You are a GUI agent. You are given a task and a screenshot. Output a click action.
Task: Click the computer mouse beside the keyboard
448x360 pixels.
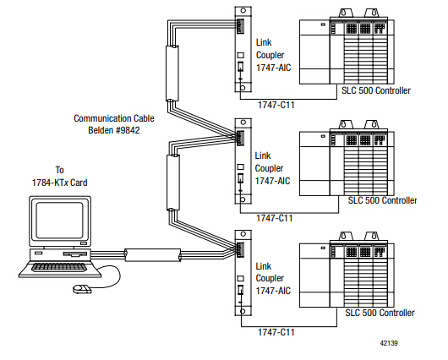(82, 289)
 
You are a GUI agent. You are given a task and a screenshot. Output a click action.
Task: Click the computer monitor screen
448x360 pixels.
(60, 220)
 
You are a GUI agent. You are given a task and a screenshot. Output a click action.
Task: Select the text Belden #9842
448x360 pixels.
(114, 130)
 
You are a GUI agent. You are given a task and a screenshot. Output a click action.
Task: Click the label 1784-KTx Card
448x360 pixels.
(59, 183)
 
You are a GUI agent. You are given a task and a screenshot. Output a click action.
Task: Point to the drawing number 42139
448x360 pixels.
(389, 343)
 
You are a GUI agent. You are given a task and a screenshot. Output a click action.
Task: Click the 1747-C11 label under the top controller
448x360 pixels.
(276, 105)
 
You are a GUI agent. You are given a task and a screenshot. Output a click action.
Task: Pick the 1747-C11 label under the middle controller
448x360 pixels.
(274, 218)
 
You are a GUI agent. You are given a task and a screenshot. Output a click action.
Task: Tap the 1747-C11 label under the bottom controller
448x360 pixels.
(276, 332)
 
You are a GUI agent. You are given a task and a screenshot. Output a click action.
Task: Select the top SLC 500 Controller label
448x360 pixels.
(376, 90)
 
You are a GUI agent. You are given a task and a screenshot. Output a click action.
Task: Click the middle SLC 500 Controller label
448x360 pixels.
(382, 200)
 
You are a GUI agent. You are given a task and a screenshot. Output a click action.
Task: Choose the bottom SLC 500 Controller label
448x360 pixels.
(380, 313)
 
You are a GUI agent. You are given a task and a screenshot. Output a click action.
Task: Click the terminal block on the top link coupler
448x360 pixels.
(240, 26)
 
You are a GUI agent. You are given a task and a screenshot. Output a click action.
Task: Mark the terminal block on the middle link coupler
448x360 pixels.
(240, 138)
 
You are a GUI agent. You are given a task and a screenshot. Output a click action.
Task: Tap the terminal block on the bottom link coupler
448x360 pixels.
(240, 249)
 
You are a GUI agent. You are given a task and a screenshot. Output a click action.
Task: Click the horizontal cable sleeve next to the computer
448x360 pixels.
(153, 255)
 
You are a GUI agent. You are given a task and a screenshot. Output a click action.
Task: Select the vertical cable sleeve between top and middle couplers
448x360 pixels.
(172, 74)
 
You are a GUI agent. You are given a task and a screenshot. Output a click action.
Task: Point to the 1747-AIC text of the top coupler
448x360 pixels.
(273, 68)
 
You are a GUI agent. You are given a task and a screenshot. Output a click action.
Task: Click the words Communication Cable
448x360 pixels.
(114, 118)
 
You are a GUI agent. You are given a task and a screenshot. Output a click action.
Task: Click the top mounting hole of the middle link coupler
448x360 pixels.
(243, 123)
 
